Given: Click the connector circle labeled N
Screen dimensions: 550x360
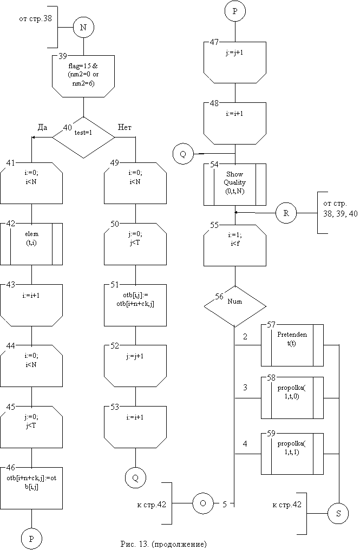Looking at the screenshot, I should [83, 27].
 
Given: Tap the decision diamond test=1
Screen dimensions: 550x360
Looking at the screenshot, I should [83, 137].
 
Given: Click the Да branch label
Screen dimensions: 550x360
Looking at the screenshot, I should [42, 127].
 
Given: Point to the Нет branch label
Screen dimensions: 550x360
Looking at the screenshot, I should [125, 127].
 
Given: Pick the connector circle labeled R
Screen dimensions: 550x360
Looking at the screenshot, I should [286, 213].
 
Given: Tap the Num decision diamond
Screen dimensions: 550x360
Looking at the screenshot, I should [234, 306].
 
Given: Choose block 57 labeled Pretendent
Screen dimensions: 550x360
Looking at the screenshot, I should [292, 344].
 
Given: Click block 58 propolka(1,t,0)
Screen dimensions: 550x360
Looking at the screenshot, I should [292, 397].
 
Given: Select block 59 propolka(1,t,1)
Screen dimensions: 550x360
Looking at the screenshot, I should [292, 453].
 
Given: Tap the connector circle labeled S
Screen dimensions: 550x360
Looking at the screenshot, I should [338, 514].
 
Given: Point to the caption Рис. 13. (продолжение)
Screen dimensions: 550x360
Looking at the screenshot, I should [163, 544].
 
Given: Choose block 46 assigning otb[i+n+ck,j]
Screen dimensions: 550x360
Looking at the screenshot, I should [31, 484].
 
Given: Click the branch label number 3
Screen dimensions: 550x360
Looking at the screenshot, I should [246, 388].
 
